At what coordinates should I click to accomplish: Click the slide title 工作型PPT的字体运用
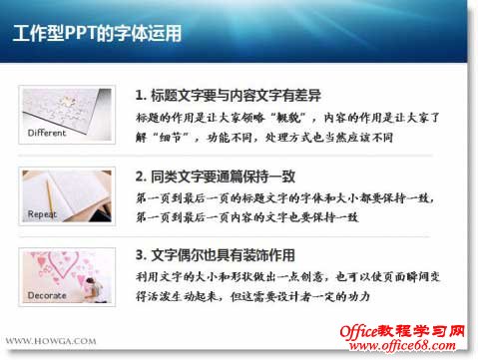[99, 34]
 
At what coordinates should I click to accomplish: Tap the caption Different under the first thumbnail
[47, 133]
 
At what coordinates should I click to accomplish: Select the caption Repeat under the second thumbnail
[42, 213]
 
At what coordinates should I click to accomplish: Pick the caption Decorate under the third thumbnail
[46, 295]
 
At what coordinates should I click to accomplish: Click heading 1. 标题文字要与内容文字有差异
[228, 95]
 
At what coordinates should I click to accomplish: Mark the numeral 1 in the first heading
[139, 95]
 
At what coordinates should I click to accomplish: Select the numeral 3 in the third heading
[139, 255]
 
